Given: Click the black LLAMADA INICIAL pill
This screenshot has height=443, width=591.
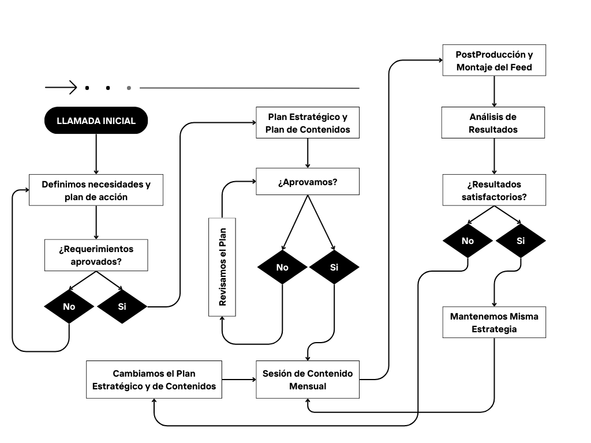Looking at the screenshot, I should (x=96, y=121).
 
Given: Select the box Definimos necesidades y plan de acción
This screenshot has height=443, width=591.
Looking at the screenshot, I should (x=96, y=190).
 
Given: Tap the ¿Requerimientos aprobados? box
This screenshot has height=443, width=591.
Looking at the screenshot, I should (x=96, y=255).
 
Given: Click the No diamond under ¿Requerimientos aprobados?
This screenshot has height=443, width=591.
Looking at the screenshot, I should (x=69, y=306).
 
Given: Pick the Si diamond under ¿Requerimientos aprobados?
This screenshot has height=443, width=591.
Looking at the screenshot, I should (x=122, y=306).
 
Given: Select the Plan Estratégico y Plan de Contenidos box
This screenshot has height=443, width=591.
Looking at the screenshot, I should (x=308, y=123).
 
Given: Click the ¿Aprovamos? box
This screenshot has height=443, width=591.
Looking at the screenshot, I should (x=308, y=182).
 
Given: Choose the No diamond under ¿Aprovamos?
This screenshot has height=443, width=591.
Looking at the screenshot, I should (x=282, y=267).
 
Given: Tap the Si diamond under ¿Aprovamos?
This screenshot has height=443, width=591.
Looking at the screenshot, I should (x=334, y=267).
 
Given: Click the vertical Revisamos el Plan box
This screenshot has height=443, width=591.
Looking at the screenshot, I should (x=222, y=266).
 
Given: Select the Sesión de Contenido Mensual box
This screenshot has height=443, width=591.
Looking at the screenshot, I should (x=308, y=380).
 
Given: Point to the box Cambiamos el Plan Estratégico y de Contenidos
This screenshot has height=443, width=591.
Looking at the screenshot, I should (x=154, y=380).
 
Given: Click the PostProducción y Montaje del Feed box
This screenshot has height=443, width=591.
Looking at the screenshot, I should (x=493, y=61).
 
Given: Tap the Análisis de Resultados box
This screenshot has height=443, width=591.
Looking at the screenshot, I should (x=493, y=123).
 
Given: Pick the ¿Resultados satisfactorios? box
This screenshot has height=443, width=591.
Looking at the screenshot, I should (x=493, y=190).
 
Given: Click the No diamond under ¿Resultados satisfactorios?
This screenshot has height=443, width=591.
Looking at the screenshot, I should (x=467, y=241).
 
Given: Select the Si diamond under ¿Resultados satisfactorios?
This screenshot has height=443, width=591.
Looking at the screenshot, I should (x=521, y=241).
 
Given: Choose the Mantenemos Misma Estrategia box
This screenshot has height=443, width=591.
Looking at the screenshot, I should (x=494, y=322).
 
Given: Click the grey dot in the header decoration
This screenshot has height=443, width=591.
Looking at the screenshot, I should (x=129, y=88).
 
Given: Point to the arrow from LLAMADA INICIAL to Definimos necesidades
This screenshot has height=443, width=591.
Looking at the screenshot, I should (x=96, y=153).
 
